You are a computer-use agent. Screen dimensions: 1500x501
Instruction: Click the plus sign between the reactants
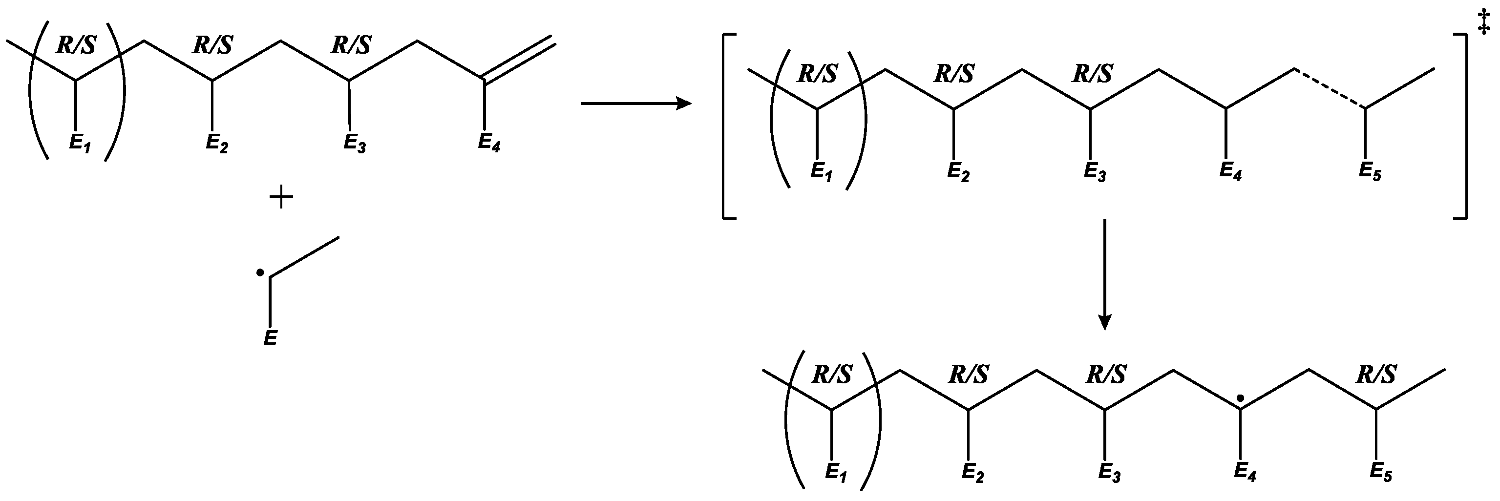pos(281,198)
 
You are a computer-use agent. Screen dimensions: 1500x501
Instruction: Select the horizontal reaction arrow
pos(636,104)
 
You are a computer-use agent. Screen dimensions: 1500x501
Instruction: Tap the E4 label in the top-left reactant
pos(488,143)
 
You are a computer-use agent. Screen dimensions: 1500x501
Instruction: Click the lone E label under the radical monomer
pos(270,338)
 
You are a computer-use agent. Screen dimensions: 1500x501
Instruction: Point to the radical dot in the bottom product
pos(1240,398)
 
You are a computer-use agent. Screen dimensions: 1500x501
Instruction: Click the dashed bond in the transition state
pos(1330,88)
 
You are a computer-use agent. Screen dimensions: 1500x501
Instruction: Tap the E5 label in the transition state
pos(1370,172)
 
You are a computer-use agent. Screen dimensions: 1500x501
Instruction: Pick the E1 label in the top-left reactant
pos(79,143)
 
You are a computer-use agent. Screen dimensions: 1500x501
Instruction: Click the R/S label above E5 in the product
pos(1376,375)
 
